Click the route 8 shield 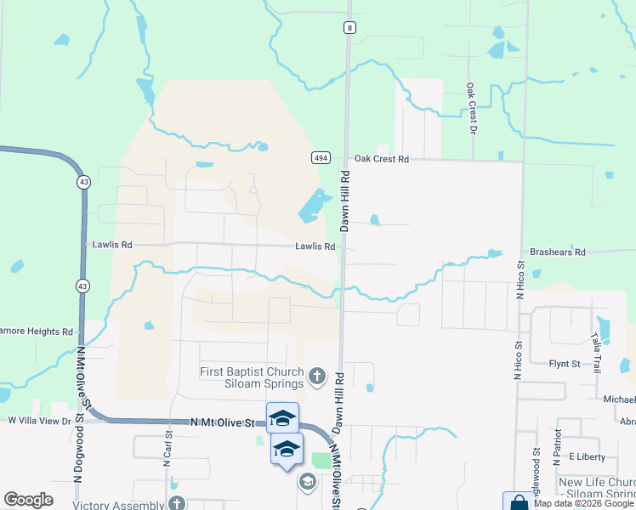(349, 27)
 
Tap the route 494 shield (321, 158)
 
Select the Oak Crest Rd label (382, 159)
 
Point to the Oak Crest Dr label (468, 109)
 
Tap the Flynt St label (564, 364)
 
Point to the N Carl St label (167, 448)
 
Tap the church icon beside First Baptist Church (317, 376)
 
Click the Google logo (28, 500)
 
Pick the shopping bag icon (518, 502)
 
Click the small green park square (321, 460)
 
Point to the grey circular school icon (306, 482)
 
